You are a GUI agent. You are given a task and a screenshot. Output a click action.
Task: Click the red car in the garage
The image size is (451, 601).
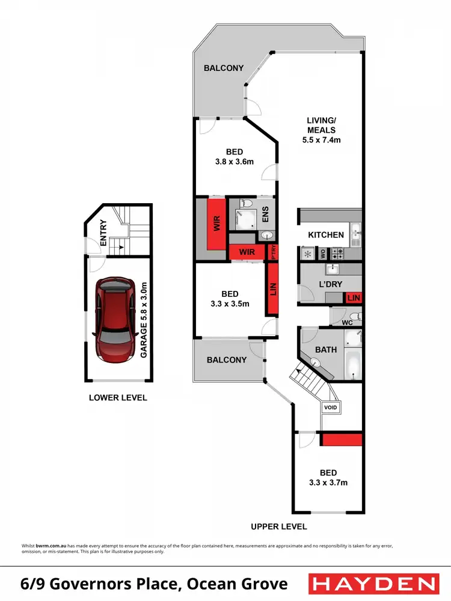tap(115, 320)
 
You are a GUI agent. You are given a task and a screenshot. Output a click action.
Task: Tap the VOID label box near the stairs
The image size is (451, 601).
tap(331, 407)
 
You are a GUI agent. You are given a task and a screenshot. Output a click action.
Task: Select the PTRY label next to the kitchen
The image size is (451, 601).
tap(274, 252)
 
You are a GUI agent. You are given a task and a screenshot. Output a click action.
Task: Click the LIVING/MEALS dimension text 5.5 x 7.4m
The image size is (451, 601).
tap(321, 140)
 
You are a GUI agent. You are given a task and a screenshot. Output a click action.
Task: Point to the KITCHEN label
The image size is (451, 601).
tap(326, 235)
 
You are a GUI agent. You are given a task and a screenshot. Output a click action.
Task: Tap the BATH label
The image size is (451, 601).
tap(326, 349)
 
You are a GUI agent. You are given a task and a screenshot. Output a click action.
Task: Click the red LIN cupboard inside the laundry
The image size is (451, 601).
tap(353, 297)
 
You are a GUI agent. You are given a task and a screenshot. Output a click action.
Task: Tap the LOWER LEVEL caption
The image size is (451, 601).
tap(118, 398)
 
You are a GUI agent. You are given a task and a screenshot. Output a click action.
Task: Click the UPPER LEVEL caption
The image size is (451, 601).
tap(279, 526)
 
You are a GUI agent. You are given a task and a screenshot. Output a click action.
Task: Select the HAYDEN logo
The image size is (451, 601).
tap(372, 584)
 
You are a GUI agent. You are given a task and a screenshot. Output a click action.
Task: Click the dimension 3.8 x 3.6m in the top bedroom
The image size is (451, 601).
tap(235, 162)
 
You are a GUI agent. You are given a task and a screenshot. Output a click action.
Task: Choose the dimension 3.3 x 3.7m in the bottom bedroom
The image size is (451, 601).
tap(328, 482)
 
